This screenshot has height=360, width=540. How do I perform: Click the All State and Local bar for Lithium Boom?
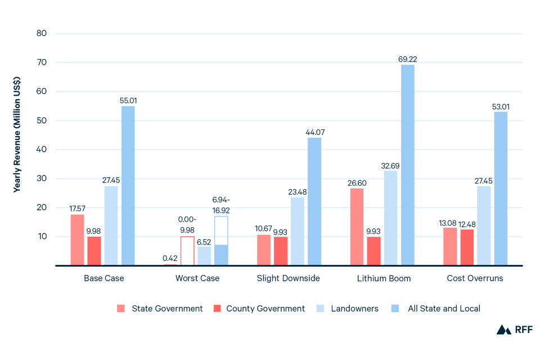pos(408,165)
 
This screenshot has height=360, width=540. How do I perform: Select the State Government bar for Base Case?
pos(77,240)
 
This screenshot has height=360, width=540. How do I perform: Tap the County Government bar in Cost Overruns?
pos(467,247)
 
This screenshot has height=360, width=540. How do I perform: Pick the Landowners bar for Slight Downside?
pos(298,231)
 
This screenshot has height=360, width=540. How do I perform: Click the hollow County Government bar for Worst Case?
pos(187,250)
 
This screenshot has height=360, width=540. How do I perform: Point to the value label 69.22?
pos(408,58)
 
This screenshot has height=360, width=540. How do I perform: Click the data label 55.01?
pos(128,100)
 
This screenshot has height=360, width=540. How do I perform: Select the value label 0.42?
pos(170,258)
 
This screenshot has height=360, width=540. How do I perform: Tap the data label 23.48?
pos(298,191)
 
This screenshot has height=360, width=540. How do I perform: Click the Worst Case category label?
pos(197,278)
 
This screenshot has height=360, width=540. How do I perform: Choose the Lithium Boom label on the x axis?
pos(384,278)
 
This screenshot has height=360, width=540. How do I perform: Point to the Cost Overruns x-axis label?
pos(475,278)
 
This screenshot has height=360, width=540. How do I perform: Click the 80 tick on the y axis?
pos(42,33)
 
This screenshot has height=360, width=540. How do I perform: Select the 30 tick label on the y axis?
pos(42,178)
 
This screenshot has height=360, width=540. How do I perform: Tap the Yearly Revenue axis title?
pos(17,134)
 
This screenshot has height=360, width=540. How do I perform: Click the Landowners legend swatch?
pos(321,308)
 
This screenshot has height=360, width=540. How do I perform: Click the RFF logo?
pos(514,330)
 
